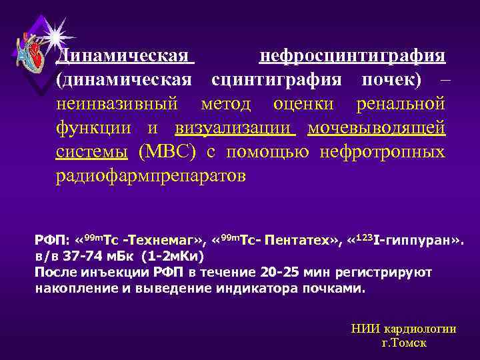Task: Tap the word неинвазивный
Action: [x=117, y=104]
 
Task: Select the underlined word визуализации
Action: [x=235, y=128]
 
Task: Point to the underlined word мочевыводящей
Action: [x=376, y=128]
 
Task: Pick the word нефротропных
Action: [x=382, y=152]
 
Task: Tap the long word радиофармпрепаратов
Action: [x=151, y=176]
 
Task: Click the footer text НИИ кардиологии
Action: [x=403, y=329]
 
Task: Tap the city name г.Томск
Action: [x=403, y=343]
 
